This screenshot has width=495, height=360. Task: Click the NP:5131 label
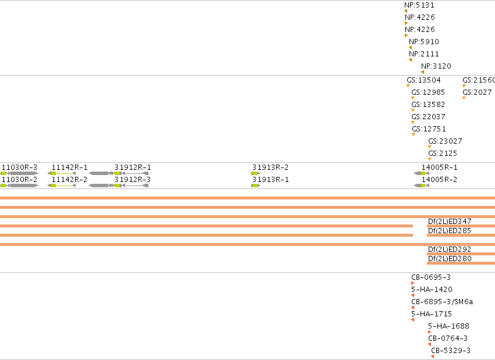tap(419, 5)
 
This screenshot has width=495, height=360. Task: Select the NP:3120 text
tap(436, 66)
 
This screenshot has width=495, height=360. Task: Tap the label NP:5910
tap(423, 42)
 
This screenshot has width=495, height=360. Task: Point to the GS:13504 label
tap(423, 80)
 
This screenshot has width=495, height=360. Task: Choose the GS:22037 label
tap(428, 117)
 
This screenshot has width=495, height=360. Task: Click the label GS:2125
tap(443, 154)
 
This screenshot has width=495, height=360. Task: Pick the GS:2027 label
tap(477, 92)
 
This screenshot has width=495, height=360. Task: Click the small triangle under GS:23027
tap(430, 147)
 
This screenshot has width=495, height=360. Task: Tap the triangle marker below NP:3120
tap(423, 72)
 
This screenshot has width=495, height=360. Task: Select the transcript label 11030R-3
tap(19, 167)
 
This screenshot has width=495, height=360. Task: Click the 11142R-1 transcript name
tap(69, 167)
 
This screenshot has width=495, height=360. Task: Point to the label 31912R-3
tap(133, 180)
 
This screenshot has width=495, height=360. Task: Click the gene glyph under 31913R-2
tap(256, 173)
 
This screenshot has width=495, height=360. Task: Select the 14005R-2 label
tap(439, 180)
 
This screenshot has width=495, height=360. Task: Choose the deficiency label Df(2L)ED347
tap(450, 222)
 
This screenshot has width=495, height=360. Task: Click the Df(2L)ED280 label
tap(450, 259)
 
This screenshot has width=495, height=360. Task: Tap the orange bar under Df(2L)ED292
tap(461, 254)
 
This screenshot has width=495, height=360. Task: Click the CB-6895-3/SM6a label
tap(442, 302)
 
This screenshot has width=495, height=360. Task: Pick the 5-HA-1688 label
tap(448, 326)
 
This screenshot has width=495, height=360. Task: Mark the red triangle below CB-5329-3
tap(432, 357)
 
